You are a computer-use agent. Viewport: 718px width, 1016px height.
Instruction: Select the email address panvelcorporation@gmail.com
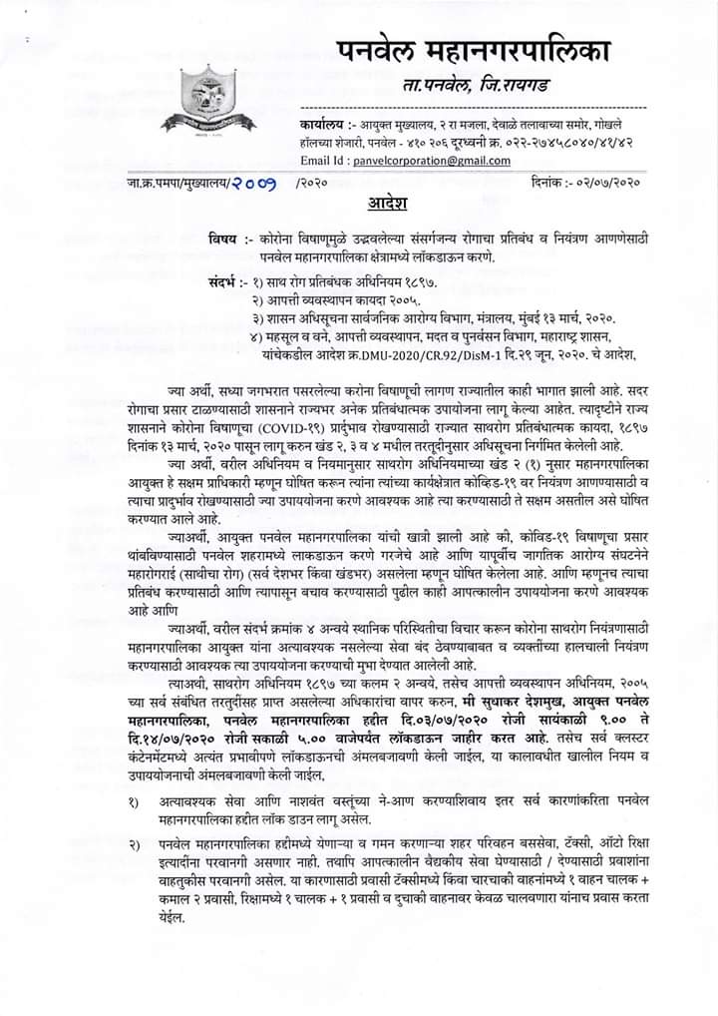[427, 161]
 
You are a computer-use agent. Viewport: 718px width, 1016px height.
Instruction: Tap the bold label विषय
[224, 243]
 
